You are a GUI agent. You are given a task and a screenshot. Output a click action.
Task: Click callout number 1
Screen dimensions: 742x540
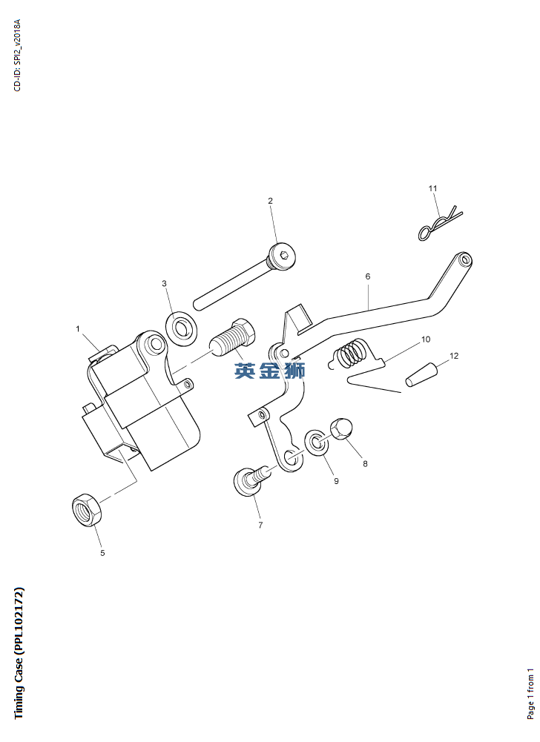click(77, 328)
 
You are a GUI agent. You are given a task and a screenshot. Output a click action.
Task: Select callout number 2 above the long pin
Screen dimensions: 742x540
click(270, 201)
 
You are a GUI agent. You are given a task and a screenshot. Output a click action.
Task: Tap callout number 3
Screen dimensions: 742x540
click(165, 283)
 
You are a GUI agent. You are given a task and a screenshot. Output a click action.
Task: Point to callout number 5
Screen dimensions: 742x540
click(102, 552)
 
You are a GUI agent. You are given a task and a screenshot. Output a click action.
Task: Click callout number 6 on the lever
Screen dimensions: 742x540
click(367, 276)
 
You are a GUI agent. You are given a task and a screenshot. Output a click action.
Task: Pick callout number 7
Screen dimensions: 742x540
click(260, 525)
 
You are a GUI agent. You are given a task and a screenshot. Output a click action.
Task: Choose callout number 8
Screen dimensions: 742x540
click(365, 464)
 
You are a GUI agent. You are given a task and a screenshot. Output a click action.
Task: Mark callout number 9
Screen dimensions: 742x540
click(336, 481)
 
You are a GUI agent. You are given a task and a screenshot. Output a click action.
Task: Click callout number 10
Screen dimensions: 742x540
click(426, 339)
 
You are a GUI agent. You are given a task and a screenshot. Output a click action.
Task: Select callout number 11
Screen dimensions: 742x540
click(433, 188)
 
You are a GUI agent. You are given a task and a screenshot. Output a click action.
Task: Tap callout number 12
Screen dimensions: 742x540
click(454, 356)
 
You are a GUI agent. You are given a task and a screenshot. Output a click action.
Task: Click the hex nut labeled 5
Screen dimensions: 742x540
click(87, 511)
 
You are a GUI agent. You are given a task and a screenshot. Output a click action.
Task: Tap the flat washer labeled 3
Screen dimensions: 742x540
click(180, 327)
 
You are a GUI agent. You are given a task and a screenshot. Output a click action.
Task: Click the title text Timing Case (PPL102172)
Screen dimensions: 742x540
click(19, 652)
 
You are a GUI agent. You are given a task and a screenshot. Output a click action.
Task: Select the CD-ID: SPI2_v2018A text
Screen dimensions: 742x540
click(18, 55)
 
